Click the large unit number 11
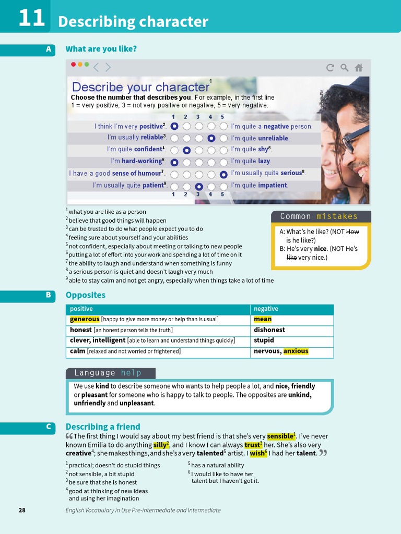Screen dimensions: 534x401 [31, 18]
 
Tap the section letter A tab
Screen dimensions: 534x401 [49, 49]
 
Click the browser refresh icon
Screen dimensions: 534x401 [330, 67]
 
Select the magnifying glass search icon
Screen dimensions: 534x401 [344, 67]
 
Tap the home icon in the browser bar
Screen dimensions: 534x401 [359, 67]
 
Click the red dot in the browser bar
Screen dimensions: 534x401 [73, 65]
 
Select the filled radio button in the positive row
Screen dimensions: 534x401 [174, 126]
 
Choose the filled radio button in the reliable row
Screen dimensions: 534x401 [211, 138]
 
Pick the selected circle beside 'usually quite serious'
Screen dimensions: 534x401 [223, 174]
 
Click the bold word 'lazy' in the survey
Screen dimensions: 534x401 [264, 161]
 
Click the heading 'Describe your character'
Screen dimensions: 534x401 [140, 87]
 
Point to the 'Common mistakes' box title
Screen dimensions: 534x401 [319, 216]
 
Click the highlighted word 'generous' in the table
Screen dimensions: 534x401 [85, 319]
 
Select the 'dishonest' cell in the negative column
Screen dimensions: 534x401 [269, 330]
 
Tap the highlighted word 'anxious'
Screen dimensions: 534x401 [296, 351]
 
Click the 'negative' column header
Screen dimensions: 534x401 [266, 309]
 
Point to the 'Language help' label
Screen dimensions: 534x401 [108, 373]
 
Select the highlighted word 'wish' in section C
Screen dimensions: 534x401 [257, 453]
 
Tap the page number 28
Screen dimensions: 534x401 [22, 510]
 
